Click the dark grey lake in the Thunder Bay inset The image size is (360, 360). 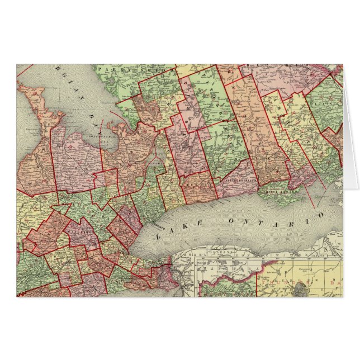tap(302, 289)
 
